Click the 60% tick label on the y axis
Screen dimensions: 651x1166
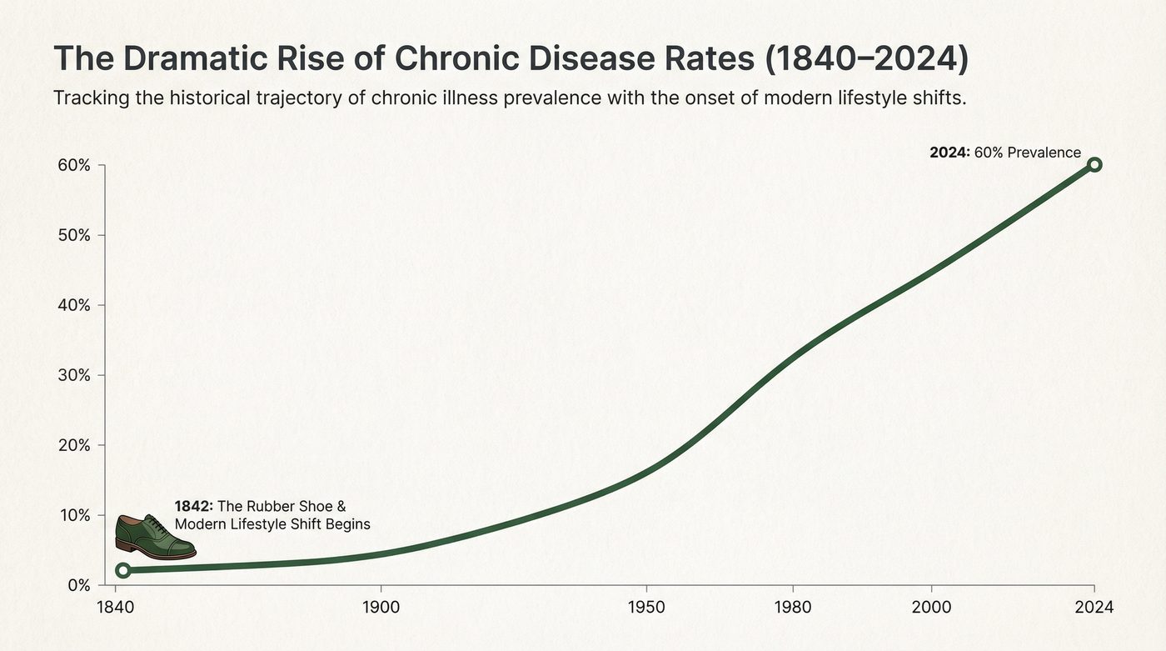(72, 165)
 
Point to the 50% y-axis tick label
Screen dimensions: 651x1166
(72, 235)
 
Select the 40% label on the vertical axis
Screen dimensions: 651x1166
(72, 305)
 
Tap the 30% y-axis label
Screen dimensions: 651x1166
(72, 375)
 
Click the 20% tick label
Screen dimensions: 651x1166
(72, 445)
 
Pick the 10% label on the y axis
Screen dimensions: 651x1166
(73, 515)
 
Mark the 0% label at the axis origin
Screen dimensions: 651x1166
(77, 585)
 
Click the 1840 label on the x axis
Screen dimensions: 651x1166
(115, 607)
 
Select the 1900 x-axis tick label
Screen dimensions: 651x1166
(381, 607)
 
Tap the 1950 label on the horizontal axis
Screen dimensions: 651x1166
(646, 607)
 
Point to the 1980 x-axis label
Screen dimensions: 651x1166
(793, 607)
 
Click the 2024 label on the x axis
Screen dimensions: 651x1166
(1094, 607)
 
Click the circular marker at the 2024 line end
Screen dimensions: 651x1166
(1094, 165)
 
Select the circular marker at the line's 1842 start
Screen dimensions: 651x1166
(123, 570)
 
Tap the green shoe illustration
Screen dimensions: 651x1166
(154, 537)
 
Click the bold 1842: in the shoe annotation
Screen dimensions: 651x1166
(194, 506)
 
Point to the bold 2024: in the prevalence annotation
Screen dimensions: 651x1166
(949, 153)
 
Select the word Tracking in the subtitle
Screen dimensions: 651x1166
(87, 98)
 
